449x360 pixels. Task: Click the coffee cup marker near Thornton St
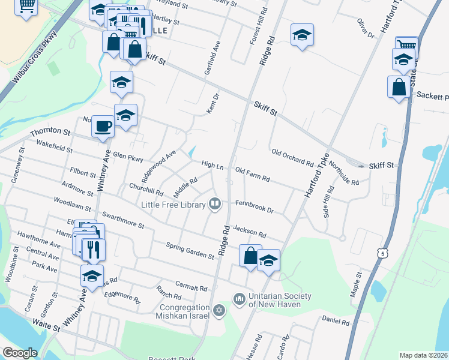[103, 126]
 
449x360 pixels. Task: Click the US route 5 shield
[382, 254]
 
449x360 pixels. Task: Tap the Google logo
[19, 353]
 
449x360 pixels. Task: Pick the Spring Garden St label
[190, 251]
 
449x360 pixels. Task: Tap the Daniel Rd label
[336, 322]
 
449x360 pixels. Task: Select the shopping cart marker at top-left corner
[26, 7]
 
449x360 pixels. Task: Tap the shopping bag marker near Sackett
[399, 88]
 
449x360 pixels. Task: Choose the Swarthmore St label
[123, 220]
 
